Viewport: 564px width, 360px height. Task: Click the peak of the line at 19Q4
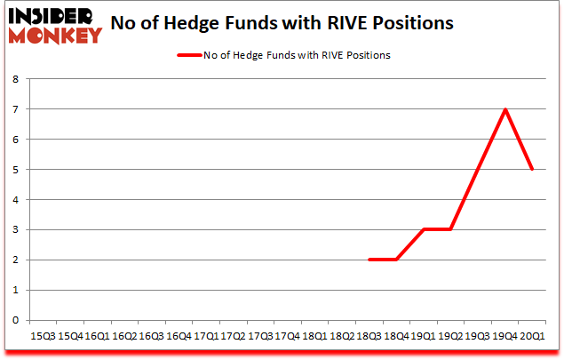tap(505, 109)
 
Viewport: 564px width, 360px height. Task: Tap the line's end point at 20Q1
tap(532, 169)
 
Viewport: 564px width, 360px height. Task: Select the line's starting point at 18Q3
tap(370, 260)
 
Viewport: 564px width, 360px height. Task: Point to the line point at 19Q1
tap(425, 229)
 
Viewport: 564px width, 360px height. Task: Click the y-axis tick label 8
tap(15, 79)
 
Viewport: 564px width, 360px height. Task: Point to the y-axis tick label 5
tap(15, 170)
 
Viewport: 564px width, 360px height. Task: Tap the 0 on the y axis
tap(15, 320)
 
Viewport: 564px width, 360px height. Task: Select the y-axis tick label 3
tap(15, 230)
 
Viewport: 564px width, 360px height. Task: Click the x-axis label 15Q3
tap(43, 337)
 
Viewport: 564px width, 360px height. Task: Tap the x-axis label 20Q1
tap(531, 337)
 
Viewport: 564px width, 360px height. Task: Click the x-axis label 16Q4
tap(179, 337)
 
